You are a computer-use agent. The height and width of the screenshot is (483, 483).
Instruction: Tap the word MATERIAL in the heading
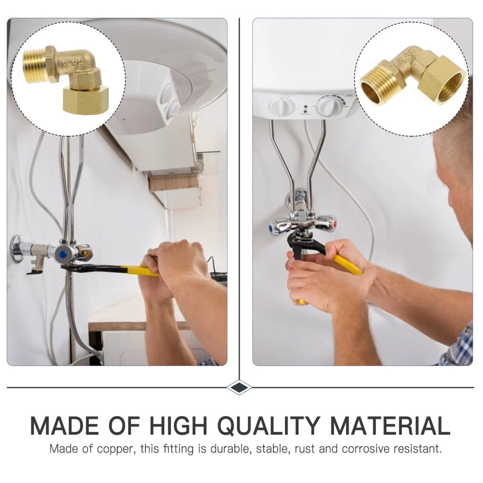click(390, 426)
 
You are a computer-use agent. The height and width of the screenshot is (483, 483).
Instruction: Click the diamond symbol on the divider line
click(239, 387)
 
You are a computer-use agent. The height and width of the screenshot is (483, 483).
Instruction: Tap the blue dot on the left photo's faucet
click(63, 254)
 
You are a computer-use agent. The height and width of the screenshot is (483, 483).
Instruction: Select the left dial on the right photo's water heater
click(280, 106)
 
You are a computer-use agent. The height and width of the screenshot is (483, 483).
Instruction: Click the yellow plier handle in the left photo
click(140, 271)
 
